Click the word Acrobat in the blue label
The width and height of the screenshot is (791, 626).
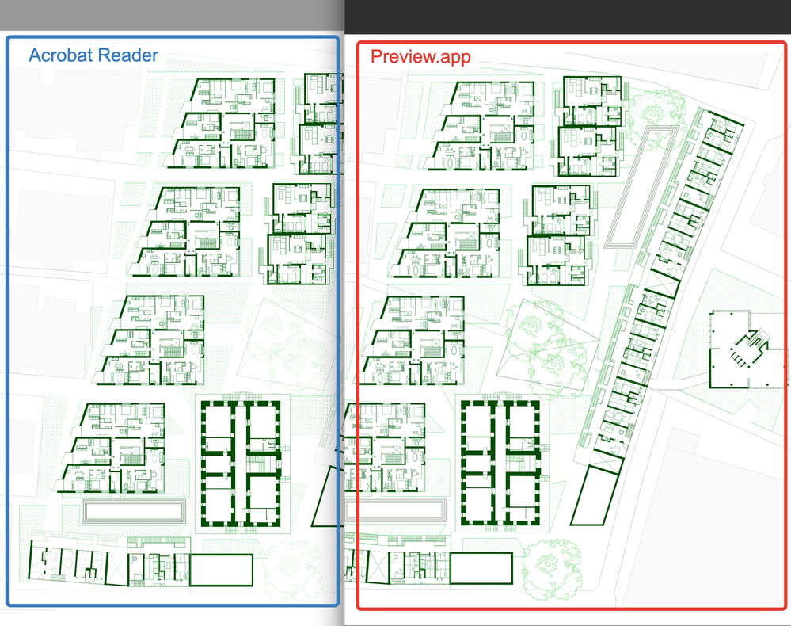pos(59,55)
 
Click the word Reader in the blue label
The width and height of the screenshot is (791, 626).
pos(127,55)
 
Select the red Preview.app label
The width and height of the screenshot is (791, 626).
pos(420,56)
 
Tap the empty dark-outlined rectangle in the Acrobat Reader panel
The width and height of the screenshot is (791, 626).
pos(221,570)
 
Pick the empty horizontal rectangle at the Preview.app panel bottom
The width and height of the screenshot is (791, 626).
pos(481,568)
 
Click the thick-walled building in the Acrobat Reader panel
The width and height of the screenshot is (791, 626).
pos(241,464)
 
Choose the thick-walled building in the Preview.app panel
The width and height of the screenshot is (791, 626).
pos(501,464)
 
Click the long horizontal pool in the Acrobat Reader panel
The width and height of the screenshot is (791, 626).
pos(134,512)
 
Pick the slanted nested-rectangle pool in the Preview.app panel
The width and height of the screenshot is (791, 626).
pos(641,187)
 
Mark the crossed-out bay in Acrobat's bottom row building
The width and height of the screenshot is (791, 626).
pos(117,568)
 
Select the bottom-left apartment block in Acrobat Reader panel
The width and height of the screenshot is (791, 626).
pos(112,448)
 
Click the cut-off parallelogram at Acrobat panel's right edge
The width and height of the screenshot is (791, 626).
pos(325,496)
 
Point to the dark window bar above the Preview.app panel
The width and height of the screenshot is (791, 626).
pos(568,17)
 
